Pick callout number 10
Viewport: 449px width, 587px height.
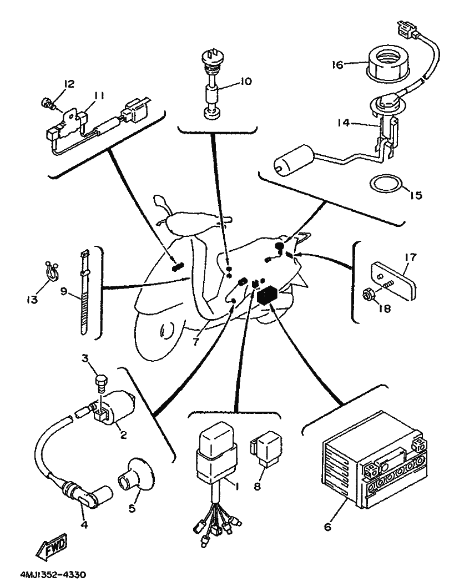tap(245, 82)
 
